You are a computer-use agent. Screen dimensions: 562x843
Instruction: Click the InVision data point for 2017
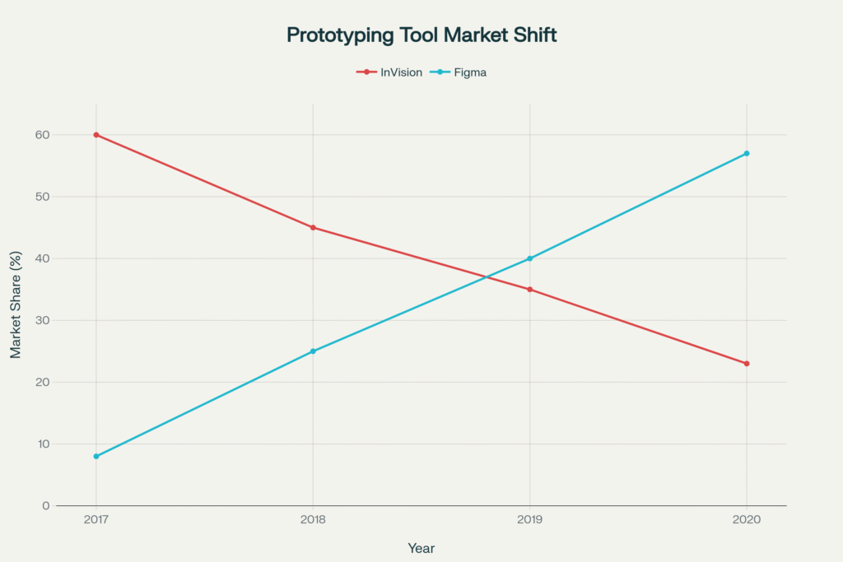point(96,135)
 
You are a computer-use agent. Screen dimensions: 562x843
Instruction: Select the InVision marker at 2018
point(313,228)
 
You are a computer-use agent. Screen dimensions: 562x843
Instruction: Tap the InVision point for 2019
point(529,290)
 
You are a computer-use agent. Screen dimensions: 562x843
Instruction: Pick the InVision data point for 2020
point(747,364)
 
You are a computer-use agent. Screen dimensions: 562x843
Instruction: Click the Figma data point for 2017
point(96,456)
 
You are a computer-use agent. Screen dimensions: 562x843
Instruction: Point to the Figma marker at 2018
point(313,351)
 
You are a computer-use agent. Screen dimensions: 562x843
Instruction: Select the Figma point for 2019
point(529,258)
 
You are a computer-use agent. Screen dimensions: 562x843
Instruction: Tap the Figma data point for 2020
point(747,154)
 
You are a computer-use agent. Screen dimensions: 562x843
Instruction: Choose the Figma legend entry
point(464,72)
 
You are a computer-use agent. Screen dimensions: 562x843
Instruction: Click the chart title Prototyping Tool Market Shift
point(421,35)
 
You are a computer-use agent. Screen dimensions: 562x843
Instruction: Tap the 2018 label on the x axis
point(313,521)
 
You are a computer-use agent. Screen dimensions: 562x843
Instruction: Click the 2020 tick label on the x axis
point(747,521)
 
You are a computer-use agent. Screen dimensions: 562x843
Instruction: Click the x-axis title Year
point(421,548)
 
